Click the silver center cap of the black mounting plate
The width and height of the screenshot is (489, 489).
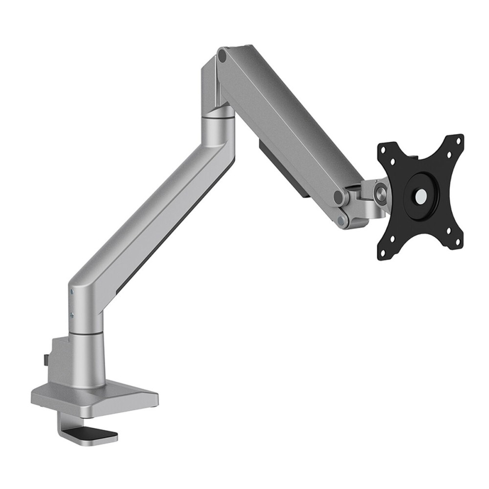pos(420,195)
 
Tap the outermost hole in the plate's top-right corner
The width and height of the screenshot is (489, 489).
pos(459,142)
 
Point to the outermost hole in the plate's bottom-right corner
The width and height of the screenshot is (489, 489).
pos(459,242)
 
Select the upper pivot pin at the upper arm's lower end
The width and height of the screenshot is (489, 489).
pos(338,197)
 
